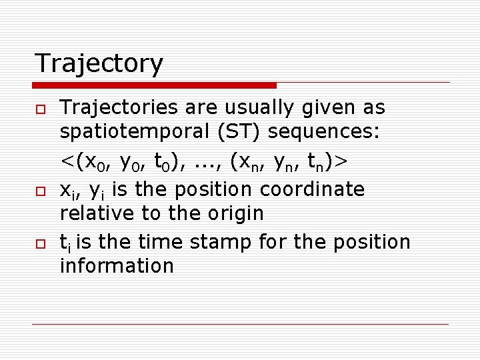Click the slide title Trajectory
99,63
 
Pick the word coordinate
312,190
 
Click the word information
117,266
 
